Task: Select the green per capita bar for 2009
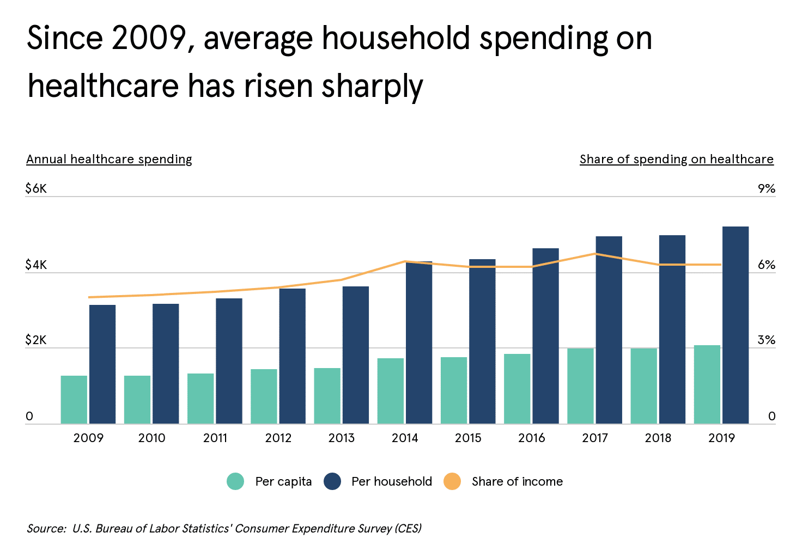[x=74, y=400]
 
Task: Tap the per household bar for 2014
[x=418, y=343]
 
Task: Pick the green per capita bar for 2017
[x=580, y=386]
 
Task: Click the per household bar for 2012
[x=293, y=356]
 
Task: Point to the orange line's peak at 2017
[x=595, y=254]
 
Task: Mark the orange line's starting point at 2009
[x=89, y=297]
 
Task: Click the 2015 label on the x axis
[x=468, y=438]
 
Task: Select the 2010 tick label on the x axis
[x=151, y=438]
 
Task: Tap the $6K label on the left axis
[x=36, y=189]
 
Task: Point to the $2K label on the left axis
[x=36, y=341]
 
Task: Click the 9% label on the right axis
[x=766, y=189]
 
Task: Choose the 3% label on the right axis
[x=766, y=341]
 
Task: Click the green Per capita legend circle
[x=235, y=481]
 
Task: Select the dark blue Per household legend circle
[x=332, y=481]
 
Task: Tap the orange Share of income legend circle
[x=452, y=481]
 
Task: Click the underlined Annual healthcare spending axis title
[x=109, y=159]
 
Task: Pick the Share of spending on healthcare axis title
[x=676, y=159]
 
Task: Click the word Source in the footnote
[x=46, y=529]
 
